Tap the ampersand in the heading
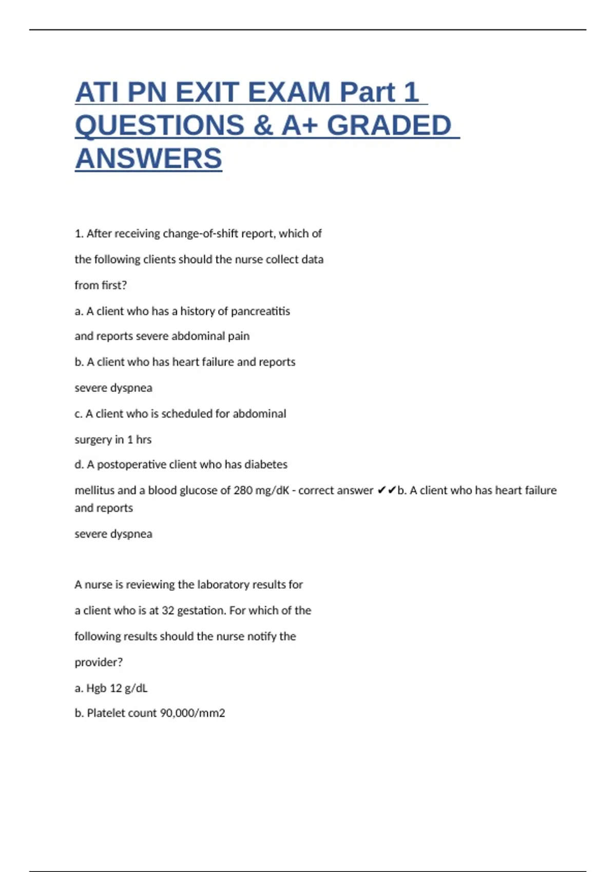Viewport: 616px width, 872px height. [263, 126]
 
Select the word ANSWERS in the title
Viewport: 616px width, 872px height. [148, 158]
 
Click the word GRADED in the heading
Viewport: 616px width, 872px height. [389, 126]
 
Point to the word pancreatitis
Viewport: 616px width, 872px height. [260, 311]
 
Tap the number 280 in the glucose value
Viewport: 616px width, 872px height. [243, 490]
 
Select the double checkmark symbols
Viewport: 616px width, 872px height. [387, 490]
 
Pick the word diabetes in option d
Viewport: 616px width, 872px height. [266, 465]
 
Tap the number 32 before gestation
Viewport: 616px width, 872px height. [168, 610]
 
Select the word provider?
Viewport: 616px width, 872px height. [99, 662]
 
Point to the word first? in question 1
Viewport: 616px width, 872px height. [113, 285]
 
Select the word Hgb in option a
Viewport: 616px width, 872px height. [96, 688]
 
